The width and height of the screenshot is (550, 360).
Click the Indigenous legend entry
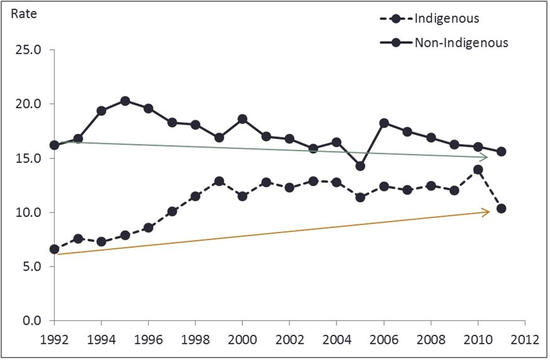(446, 18)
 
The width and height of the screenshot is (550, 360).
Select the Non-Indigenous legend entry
(460, 43)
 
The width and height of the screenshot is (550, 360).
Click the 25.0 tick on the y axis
(30, 50)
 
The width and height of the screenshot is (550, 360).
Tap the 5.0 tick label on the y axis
(33, 266)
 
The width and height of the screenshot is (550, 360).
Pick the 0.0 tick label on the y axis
(33, 320)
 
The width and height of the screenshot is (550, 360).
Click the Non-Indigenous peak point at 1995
(125, 101)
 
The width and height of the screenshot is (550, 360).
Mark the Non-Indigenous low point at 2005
(360, 166)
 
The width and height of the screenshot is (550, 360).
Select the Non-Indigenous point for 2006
(384, 123)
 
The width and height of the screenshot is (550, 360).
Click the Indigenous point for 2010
(478, 170)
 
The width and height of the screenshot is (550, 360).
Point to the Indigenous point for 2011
(501, 209)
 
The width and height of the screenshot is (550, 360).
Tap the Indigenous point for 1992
(55, 249)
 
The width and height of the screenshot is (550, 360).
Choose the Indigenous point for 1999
(219, 181)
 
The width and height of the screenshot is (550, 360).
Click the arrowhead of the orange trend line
(487, 212)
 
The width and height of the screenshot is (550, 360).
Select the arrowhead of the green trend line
(486, 157)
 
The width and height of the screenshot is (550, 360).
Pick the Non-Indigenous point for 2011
(501, 151)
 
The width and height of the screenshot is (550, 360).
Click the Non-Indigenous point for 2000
(242, 119)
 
